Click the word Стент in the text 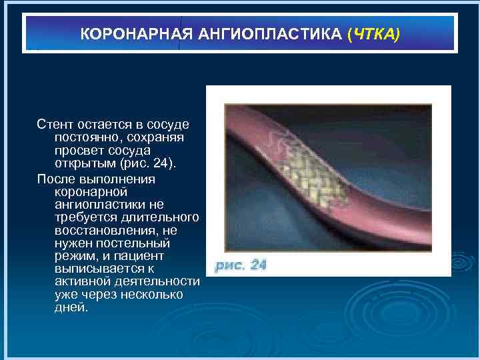tap(55, 125)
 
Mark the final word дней tap(71, 308)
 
